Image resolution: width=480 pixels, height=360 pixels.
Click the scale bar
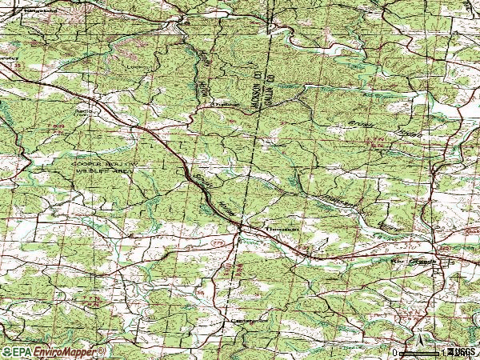pyautogui.click(x=420, y=352)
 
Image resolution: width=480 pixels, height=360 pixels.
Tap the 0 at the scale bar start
pyautogui.click(x=394, y=352)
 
